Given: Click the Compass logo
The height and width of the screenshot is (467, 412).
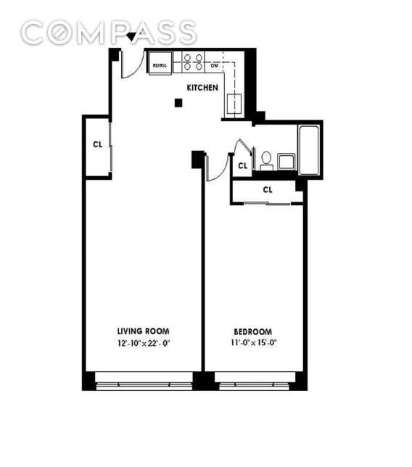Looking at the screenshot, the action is [x=109, y=33].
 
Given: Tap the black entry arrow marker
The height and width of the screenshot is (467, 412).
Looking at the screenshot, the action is [x=131, y=37].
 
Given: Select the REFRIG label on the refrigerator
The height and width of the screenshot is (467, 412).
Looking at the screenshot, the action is [x=160, y=65].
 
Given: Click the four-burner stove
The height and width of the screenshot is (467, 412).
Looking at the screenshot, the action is [x=193, y=62].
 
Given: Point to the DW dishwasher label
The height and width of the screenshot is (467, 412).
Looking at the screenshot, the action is [x=215, y=65].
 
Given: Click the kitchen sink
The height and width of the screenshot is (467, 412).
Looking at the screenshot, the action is [x=234, y=104].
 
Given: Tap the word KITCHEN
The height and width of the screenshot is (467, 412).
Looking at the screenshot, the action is [x=202, y=88].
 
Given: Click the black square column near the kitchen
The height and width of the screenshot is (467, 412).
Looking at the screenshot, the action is [x=178, y=103].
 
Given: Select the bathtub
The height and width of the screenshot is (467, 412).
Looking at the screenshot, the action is [x=308, y=150].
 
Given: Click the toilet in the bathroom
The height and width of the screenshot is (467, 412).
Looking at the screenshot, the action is [x=266, y=161].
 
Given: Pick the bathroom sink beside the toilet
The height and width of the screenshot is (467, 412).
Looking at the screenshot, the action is [x=287, y=162].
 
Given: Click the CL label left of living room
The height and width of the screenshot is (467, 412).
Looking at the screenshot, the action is [x=98, y=144].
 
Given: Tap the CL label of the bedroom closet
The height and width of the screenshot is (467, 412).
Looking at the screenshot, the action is [x=268, y=190].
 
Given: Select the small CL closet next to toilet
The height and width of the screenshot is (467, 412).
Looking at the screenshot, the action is [x=243, y=165].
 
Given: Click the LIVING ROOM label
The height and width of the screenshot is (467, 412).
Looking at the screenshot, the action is [x=144, y=331].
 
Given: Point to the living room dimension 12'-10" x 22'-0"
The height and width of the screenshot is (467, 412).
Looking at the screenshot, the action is [x=144, y=344].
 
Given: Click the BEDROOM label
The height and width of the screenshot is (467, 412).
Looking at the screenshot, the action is [x=252, y=332].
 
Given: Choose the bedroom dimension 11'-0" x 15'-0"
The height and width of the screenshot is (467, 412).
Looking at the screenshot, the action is [x=254, y=343].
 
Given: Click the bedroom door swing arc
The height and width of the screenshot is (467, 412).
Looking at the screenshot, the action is [x=221, y=173].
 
